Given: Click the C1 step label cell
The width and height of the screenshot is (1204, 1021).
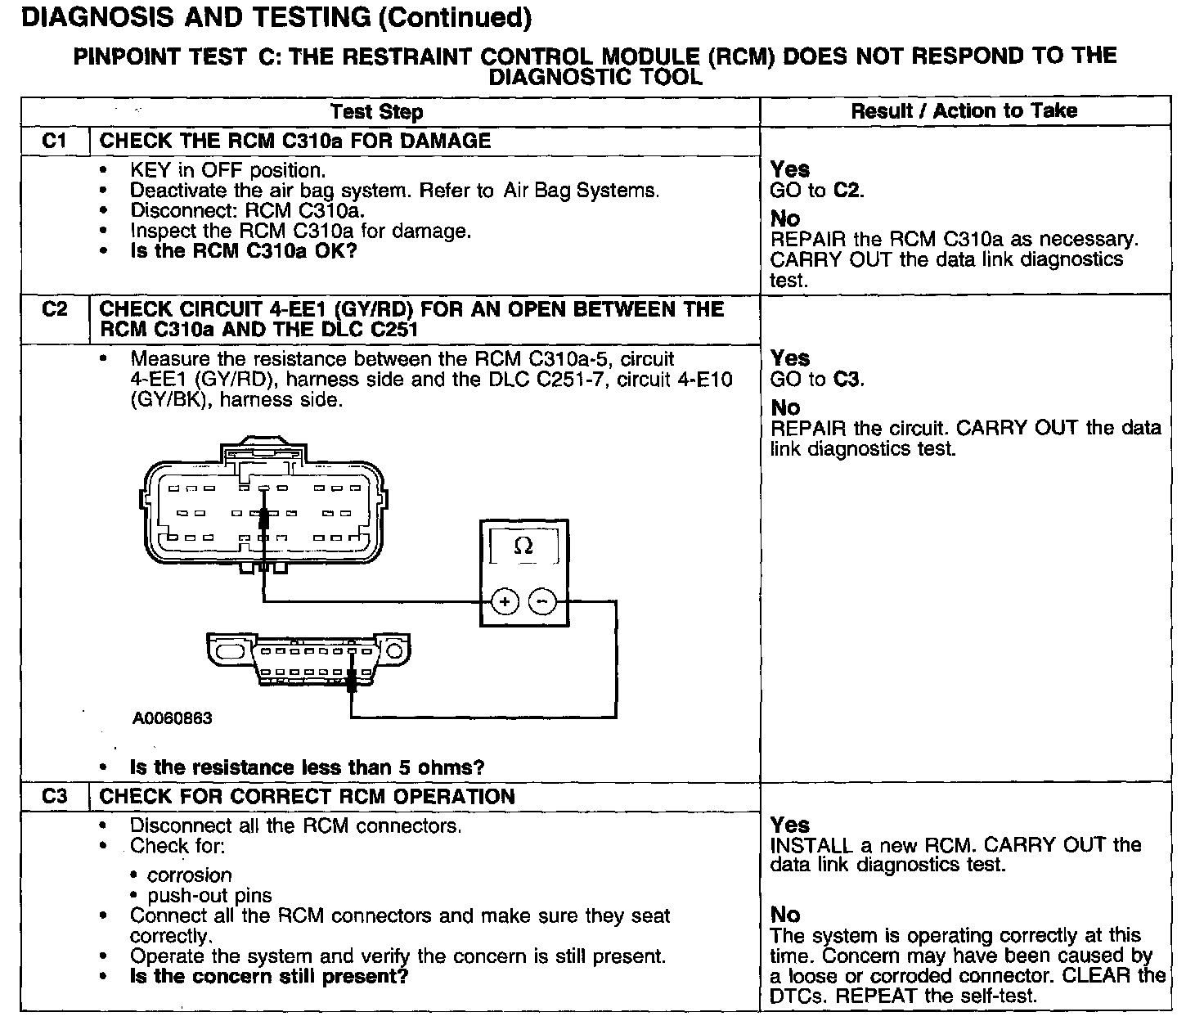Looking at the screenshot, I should (54, 141).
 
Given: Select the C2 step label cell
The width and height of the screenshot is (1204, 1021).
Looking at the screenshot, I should (54, 309).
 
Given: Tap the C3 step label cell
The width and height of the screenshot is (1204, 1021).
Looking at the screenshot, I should (54, 796).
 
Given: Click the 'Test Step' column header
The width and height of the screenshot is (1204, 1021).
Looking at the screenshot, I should (376, 112).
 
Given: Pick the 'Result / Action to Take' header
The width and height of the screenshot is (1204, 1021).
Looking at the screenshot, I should (964, 111).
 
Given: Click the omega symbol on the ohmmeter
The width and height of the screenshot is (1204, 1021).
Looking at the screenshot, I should (523, 546).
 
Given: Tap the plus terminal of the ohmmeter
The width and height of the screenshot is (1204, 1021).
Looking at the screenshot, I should (505, 603).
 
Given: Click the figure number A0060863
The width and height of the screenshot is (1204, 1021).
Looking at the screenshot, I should (172, 718).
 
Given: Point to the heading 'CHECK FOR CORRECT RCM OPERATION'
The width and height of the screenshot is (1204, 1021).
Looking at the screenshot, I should (307, 797).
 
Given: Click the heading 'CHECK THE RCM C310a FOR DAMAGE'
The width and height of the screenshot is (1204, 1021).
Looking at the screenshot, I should (294, 141).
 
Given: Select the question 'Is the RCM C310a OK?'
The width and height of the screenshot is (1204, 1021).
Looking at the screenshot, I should (244, 250).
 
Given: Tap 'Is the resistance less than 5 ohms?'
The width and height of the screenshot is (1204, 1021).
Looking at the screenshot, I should (307, 767).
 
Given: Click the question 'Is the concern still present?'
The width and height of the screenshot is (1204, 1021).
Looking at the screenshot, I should (268, 976).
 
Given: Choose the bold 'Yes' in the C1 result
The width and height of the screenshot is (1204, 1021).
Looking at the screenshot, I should (789, 169).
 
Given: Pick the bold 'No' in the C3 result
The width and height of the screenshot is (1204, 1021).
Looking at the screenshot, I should (784, 915).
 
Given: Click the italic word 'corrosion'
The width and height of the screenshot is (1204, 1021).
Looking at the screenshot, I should (189, 875).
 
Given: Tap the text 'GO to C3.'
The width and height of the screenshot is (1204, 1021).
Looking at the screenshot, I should (817, 379).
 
